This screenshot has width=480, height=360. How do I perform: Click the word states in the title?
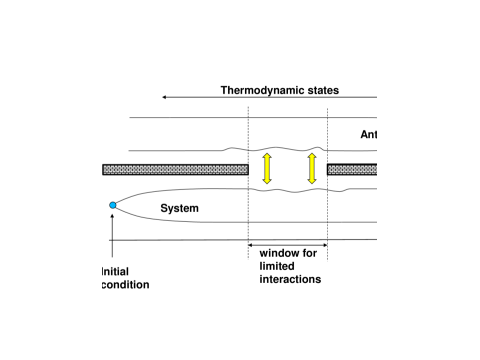pos(320,90)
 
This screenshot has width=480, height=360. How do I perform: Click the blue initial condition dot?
pos(113,205)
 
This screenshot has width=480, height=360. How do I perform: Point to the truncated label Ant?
pos(368,136)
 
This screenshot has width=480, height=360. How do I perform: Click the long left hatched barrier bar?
pos(174,169)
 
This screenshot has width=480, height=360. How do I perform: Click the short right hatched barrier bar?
pos(352,169)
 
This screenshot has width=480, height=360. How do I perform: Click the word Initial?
pos(116,271)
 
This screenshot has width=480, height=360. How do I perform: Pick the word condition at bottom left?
pos(125,285)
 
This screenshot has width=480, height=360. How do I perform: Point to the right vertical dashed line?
pos(328,200)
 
